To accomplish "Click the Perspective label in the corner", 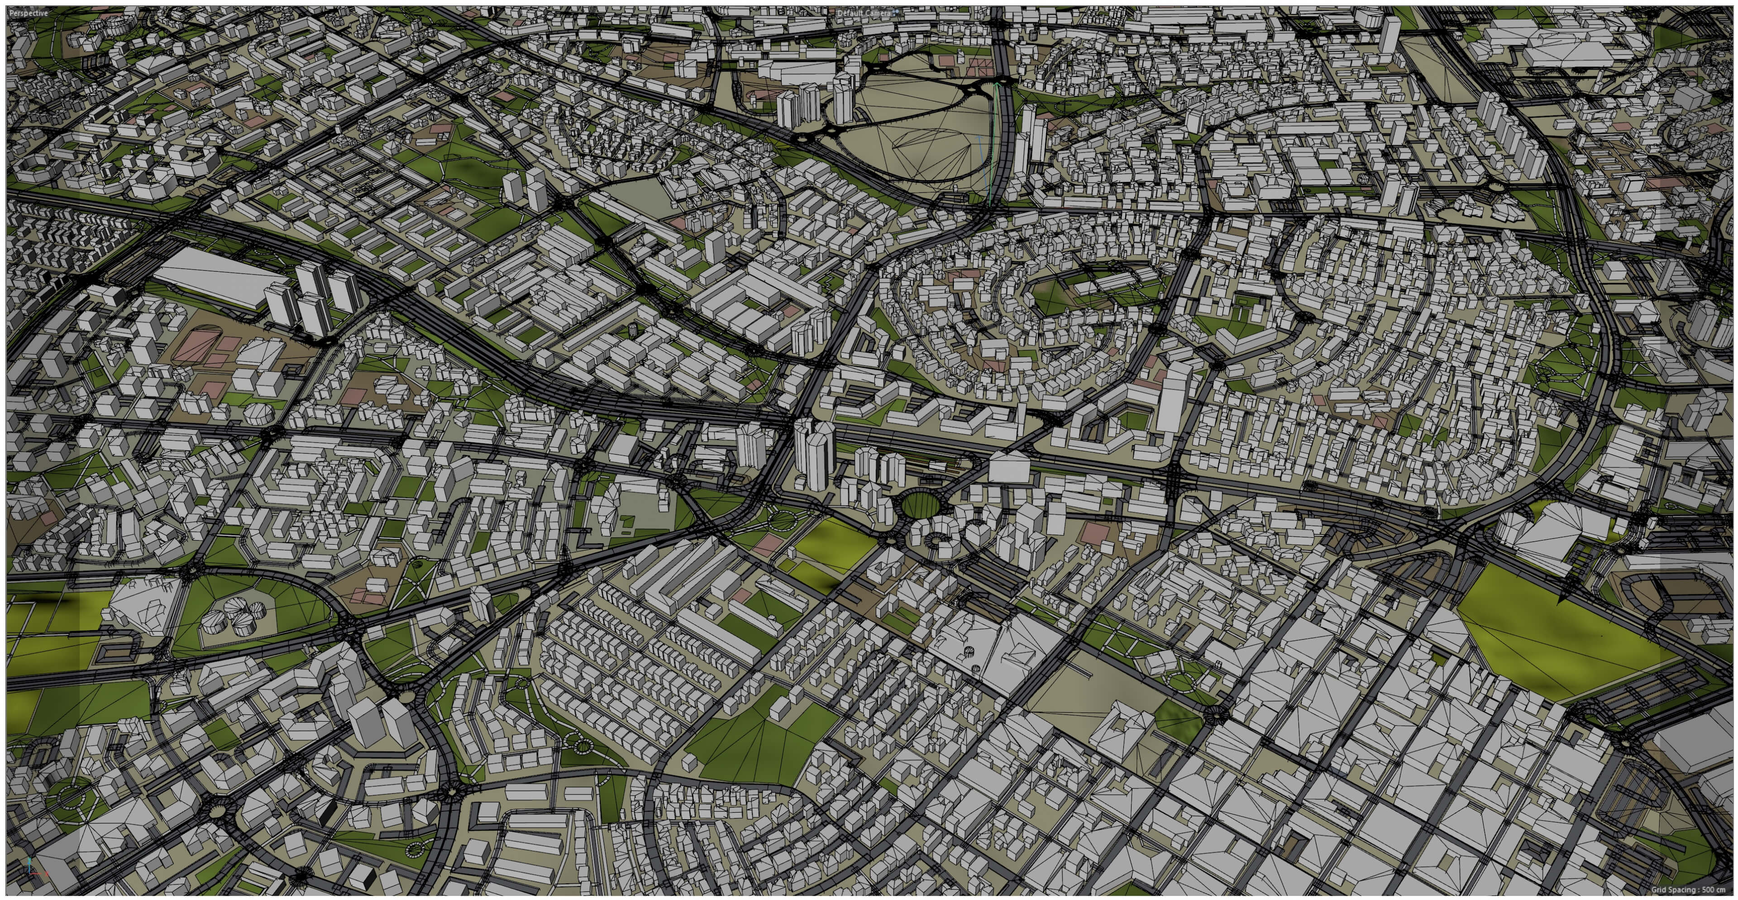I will (x=29, y=13).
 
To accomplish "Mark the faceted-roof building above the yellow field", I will (x=1552, y=533).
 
